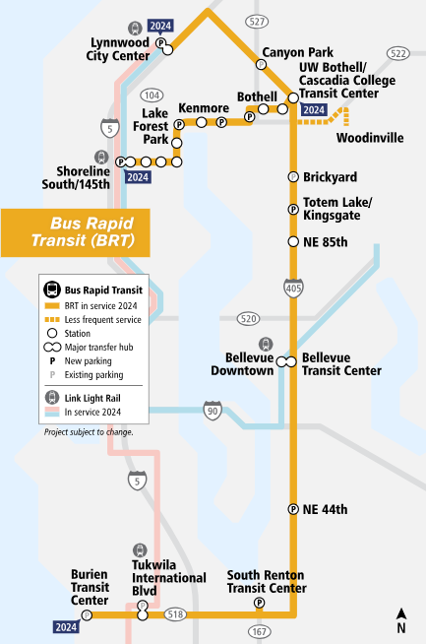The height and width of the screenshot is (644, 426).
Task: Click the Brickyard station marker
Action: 292,176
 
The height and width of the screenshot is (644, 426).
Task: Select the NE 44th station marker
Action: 292,509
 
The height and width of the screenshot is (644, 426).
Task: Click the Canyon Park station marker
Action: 261,64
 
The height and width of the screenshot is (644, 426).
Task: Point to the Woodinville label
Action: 369,138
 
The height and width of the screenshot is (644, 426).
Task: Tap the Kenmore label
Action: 204,107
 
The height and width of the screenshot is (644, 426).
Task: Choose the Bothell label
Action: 259,96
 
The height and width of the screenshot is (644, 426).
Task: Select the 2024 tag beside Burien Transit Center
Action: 66,627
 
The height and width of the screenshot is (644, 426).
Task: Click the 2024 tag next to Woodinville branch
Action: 315,109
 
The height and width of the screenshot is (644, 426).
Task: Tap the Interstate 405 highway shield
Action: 291,288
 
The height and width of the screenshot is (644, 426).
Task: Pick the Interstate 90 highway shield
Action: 212,410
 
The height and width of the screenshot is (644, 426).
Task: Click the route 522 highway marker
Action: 398,53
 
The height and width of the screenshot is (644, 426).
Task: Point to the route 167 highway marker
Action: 258,631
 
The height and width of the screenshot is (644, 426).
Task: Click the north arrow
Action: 401,621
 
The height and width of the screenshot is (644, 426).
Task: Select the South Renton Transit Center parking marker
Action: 260,604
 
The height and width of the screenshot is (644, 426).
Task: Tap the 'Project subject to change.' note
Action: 90,432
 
